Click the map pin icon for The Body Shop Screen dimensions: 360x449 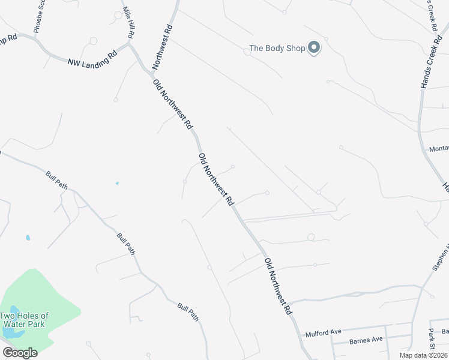(x=314, y=47)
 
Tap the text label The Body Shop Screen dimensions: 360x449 (x=277, y=49)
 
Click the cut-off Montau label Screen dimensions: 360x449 (x=439, y=149)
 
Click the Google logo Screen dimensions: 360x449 (x=20, y=353)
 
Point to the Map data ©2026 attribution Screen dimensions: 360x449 (x=423, y=355)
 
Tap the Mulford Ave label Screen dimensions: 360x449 (x=323, y=332)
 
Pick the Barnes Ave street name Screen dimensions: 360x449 (x=366, y=340)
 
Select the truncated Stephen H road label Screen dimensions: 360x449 (x=441, y=258)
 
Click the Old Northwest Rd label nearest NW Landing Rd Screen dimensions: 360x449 (x=173, y=104)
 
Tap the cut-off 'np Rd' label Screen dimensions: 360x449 (x=8, y=38)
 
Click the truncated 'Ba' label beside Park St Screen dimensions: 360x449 (x=445, y=331)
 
